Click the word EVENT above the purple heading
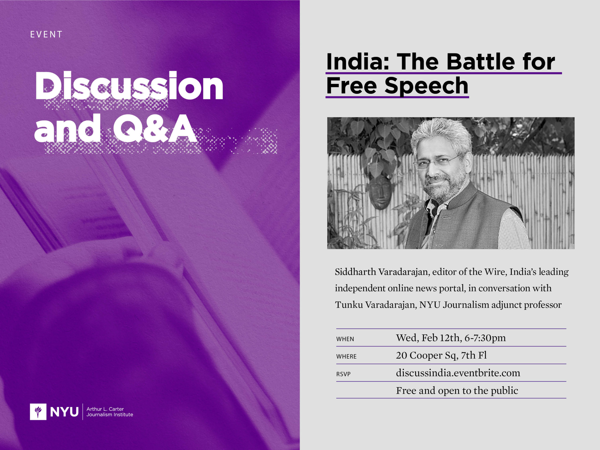pos(46,34)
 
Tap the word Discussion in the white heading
pos(129,86)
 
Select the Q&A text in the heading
pos(155,129)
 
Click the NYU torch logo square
pos(38,412)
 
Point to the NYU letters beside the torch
pos(64,412)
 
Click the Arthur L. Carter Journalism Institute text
pos(110,412)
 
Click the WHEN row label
pos(345,339)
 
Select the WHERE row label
pos(346,356)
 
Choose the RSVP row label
pos(343,374)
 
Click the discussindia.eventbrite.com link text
pos(458,373)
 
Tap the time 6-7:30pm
pos(485,338)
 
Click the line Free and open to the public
pos(457,391)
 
